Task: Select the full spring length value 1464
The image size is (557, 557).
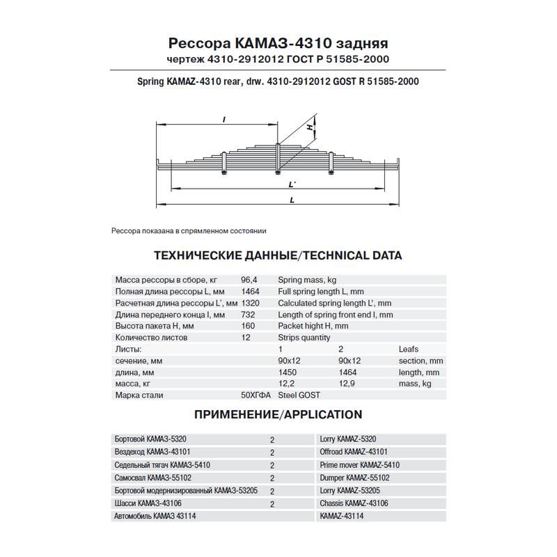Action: [x=251, y=291]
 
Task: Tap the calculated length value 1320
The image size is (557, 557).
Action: [x=251, y=303]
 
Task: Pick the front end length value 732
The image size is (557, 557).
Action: [x=248, y=315]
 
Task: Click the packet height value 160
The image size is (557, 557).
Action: [x=248, y=326]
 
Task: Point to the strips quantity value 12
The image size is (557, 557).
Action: [x=246, y=338]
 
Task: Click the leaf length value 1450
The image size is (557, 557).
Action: [x=286, y=372]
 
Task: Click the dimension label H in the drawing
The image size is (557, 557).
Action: [x=313, y=128]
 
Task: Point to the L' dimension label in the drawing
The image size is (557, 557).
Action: [x=292, y=185]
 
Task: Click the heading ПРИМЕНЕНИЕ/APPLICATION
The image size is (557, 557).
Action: [x=278, y=415]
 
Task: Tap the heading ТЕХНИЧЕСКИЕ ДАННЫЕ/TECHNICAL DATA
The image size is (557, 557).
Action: [x=278, y=256]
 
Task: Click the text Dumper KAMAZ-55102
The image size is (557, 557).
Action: [x=354, y=478]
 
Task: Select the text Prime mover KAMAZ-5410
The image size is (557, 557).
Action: [x=360, y=464]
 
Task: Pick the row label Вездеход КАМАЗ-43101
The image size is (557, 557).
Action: [x=152, y=452]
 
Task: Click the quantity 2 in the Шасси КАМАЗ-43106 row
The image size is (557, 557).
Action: [x=272, y=503]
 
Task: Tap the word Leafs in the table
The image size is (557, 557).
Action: [x=409, y=349]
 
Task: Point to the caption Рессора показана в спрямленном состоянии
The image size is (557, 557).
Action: [x=189, y=230]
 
